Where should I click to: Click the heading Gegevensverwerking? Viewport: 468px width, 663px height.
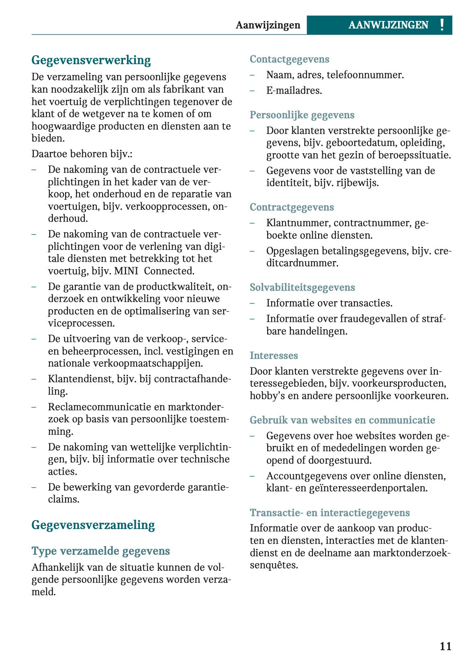click(x=91, y=60)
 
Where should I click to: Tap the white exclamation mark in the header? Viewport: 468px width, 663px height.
click(x=442, y=25)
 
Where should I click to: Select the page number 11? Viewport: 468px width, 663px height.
click(x=446, y=646)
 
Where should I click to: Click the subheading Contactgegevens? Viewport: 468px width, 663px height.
click(x=289, y=59)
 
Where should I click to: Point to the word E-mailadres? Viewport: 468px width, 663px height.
click(x=294, y=91)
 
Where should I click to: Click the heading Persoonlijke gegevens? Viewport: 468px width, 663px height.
click(x=302, y=115)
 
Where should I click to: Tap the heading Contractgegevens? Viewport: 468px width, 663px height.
click(x=292, y=207)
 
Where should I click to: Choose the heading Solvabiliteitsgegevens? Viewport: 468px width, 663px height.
click(x=302, y=288)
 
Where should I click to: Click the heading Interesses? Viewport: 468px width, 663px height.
click(x=274, y=356)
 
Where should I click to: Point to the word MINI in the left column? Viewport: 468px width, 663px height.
click(x=126, y=271)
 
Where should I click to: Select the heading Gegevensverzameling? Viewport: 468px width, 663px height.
click(x=93, y=525)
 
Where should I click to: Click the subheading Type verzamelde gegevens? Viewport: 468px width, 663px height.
click(x=100, y=551)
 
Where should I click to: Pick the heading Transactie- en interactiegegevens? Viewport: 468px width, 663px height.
click(x=329, y=513)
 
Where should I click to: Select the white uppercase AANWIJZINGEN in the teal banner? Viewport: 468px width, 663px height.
click(x=388, y=25)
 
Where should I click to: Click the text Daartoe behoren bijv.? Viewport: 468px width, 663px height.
click(x=82, y=154)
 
